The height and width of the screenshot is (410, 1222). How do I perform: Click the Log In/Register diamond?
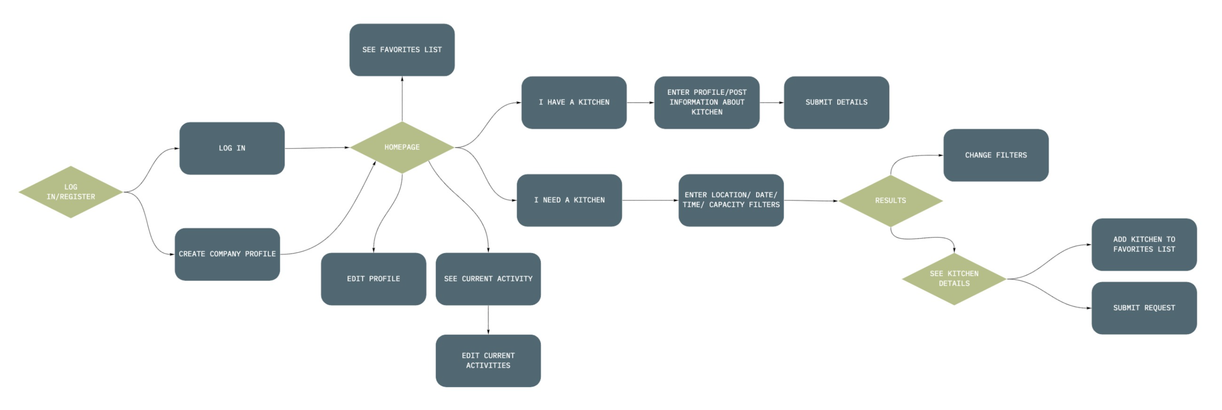pos(71,192)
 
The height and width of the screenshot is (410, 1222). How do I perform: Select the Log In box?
pos(232,148)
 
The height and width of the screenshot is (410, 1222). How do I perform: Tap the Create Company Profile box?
pos(227,254)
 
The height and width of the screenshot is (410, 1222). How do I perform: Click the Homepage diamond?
pos(402,147)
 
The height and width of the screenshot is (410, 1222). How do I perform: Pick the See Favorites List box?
pos(402,50)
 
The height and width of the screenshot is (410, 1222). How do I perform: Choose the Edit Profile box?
pos(373,279)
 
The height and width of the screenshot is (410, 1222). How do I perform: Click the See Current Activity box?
pos(488,279)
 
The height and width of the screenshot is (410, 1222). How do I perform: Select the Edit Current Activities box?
pos(488,361)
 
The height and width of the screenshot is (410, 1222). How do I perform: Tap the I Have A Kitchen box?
pos(574,102)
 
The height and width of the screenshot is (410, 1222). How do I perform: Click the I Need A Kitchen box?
pos(569,200)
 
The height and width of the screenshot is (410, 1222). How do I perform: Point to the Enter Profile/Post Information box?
pos(707,102)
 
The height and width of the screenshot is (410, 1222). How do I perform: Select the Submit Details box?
pos(836,102)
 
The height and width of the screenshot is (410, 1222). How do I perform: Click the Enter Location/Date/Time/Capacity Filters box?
pos(731,200)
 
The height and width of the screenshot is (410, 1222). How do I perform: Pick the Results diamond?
pos(890,200)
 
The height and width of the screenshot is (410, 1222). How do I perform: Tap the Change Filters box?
pos(996,155)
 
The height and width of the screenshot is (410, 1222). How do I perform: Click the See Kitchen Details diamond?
pos(954,279)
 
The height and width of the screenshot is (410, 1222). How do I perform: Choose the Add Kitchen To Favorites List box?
pos(1144,244)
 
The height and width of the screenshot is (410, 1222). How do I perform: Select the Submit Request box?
pos(1144,308)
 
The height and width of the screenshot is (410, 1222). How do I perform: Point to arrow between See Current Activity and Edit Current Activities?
pos(488,320)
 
